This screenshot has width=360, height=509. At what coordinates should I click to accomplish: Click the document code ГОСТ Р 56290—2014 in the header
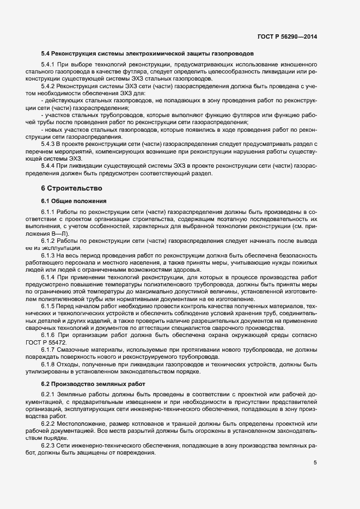(x=286, y=36)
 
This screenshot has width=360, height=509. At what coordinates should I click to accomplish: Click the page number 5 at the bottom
(x=315, y=463)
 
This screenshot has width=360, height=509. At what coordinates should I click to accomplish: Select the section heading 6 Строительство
(x=68, y=188)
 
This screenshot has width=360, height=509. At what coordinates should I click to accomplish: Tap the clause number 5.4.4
(x=49, y=165)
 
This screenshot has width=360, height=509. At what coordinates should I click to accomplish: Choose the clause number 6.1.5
(x=49, y=307)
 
